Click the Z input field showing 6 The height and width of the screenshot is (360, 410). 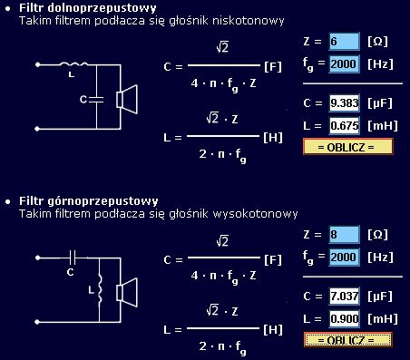345,43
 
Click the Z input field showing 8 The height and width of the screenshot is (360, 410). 345,235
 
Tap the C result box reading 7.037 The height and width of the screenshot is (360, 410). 345,297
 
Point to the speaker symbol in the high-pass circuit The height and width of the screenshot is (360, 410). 128,291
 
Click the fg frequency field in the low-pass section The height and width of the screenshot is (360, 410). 345,64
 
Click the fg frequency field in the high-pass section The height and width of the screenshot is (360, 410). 345,257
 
